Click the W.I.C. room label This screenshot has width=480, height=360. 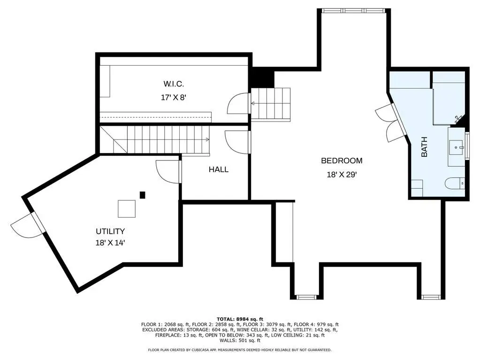tap(174, 84)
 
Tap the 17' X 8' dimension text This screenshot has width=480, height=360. tap(174, 98)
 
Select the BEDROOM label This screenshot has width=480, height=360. tap(342, 161)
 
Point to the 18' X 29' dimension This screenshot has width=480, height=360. tap(342, 175)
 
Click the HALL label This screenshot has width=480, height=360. tap(219, 169)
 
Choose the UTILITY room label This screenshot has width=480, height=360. tap(110, 231)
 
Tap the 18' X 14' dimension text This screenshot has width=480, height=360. tap(110, 243)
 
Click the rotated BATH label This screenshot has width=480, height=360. tap(424, 147)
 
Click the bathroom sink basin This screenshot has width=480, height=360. tap(457, 147)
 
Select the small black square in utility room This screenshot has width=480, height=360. tap(142, 195)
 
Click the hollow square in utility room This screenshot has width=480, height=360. tap(127, 209)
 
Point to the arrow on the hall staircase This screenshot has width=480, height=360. tap(207, 139)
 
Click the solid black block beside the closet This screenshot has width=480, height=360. tap(263, 77)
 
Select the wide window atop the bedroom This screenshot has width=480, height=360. tap(354, 10)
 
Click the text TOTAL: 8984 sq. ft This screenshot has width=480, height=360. tap(240, 319)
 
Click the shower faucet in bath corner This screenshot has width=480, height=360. tap(458, 118)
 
